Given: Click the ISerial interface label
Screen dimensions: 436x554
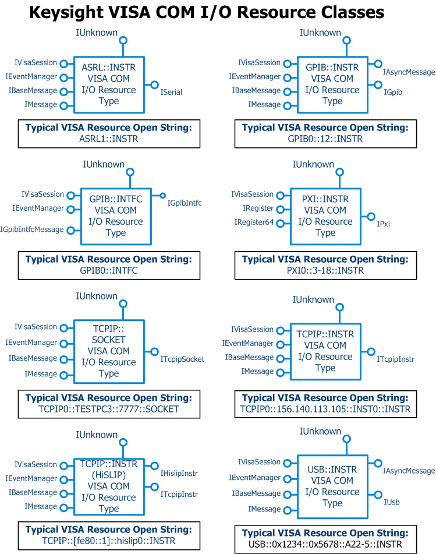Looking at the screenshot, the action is (x=171, y=92).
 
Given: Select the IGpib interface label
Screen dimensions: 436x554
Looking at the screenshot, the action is (x=393, y=92).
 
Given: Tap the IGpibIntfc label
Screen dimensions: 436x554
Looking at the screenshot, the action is (x=185, y=203).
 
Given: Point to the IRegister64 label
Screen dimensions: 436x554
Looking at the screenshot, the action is (x=254, y=222).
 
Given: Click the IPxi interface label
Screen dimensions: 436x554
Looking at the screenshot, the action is (x=383, y=224).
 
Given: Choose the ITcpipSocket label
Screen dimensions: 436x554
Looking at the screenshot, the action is (x=182, y=359).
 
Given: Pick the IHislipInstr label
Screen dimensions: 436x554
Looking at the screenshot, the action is (x=179, y=473).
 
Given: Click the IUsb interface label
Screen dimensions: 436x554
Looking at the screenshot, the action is (x=392, y=502).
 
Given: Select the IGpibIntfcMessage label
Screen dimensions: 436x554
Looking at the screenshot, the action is (x=32, y=230).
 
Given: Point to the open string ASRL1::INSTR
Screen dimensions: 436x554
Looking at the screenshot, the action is (x=109, y=139).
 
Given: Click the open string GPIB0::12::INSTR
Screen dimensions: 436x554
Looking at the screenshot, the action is (x=325, y=139).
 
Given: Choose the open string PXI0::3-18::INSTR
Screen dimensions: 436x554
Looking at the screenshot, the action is (x=325, y=271).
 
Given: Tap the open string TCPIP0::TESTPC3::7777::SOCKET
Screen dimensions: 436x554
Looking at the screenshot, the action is (x=109, y=409).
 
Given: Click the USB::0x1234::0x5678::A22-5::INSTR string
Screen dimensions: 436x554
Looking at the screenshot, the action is (x=325, y=544).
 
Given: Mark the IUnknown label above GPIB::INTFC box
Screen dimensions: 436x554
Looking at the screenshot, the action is (x=104, y=164).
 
